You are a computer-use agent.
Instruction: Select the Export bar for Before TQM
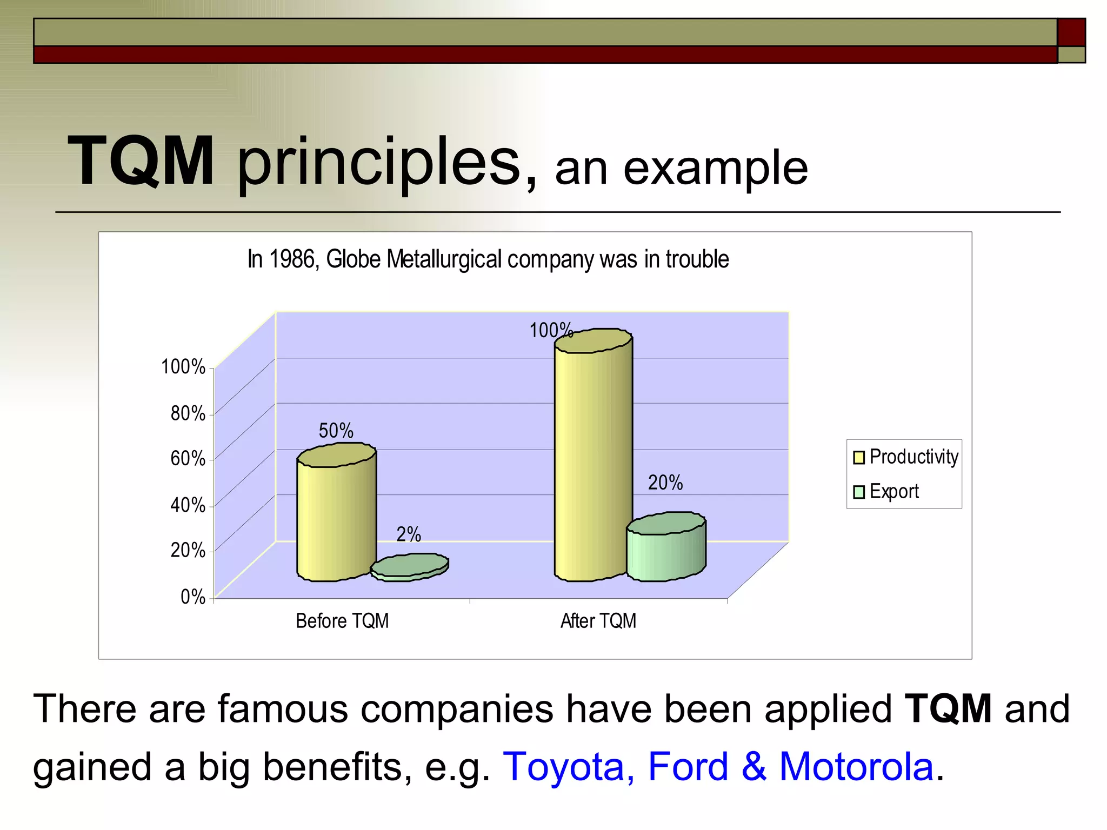coord(409,567)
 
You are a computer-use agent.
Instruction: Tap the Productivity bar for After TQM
coord(593,459)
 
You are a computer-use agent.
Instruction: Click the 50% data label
coord(336,431)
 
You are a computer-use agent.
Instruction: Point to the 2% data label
coord(409,534)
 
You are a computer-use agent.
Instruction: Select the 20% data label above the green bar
coord(665,483)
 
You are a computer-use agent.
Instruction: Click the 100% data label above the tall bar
coord(550,330)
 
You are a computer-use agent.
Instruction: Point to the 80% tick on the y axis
coord(188,414)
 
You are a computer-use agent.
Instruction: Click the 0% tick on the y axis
coord(193,597)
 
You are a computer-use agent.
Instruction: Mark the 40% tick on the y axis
coord(188,505)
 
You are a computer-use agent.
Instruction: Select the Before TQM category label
coord(342,621)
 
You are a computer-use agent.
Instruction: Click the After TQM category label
coord(598,621)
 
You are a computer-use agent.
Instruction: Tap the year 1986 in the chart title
coord(291,259)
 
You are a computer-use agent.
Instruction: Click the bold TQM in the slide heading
coord(141,162)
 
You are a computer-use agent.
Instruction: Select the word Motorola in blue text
coord(856,766)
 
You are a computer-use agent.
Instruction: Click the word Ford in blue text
coord(688,766)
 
